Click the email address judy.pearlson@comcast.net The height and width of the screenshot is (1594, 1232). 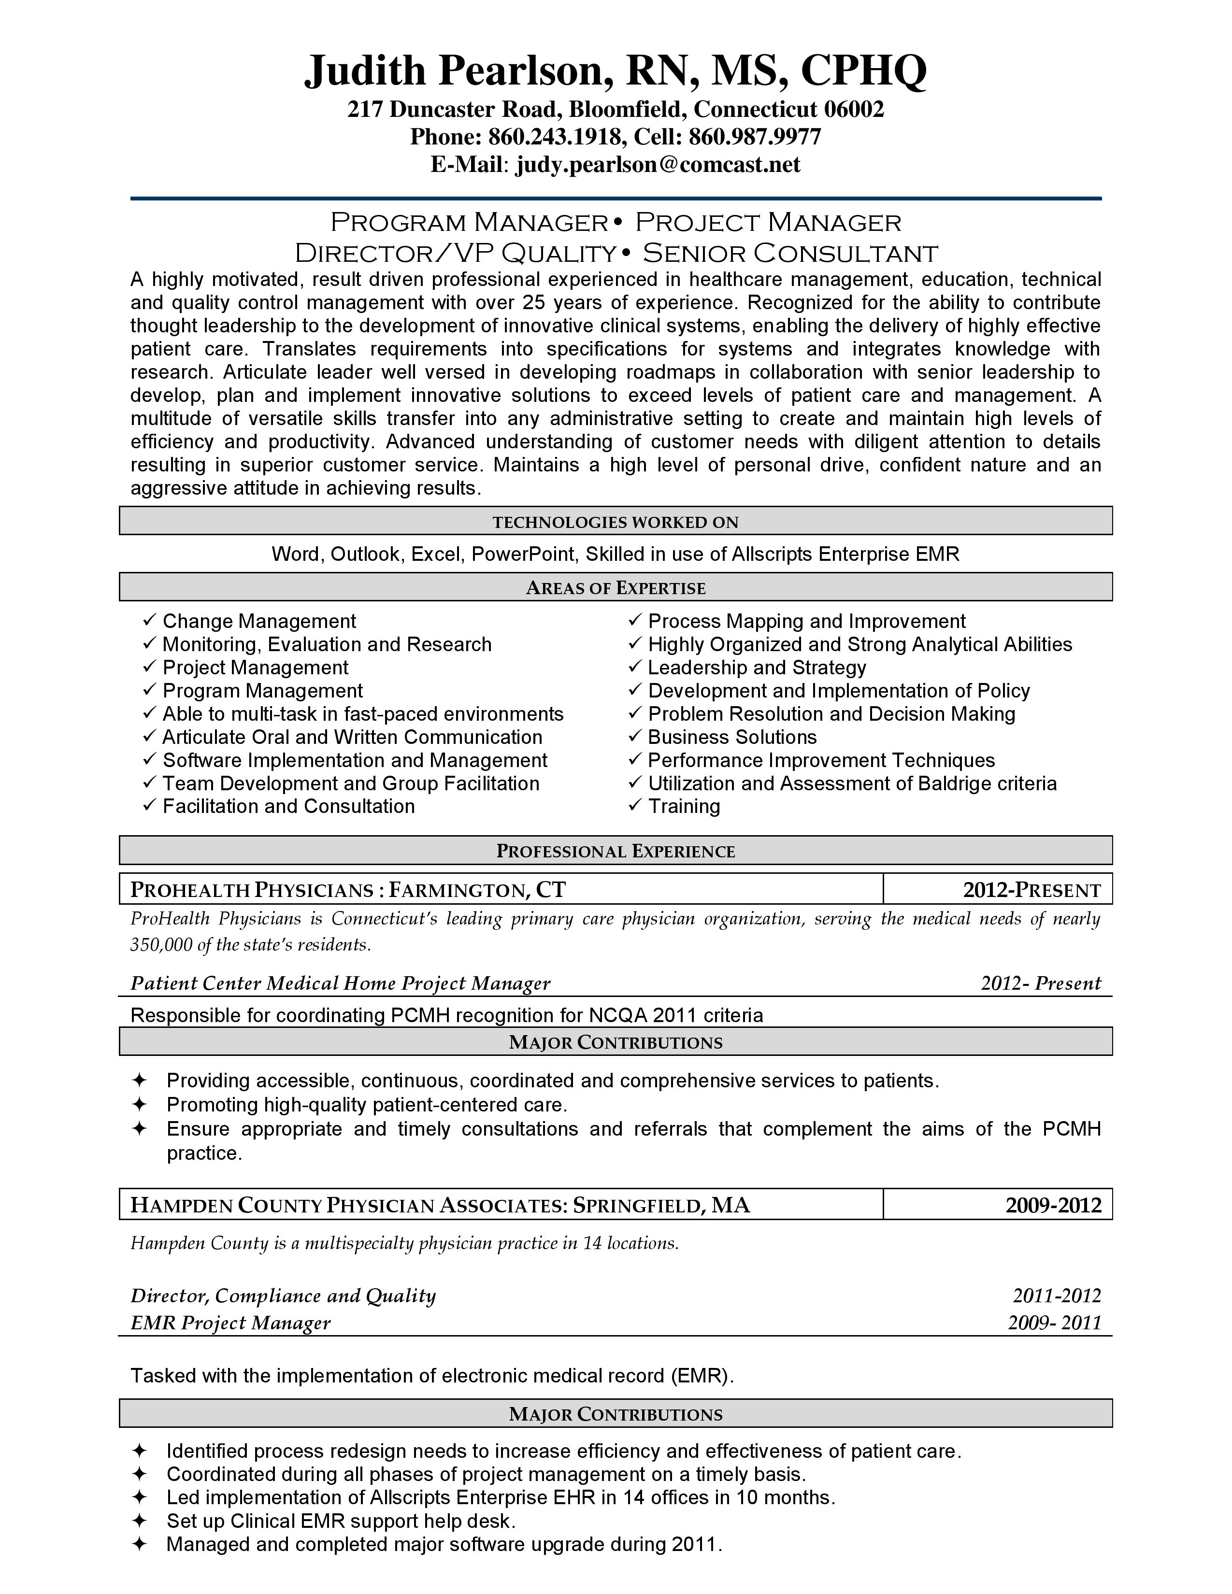point(658,165)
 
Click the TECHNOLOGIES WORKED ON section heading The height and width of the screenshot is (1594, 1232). point(615,522)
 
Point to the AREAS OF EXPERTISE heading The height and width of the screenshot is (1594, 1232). point(615,587)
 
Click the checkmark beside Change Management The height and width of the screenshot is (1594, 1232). point(150,620)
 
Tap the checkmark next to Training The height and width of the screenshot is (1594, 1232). point(635,805)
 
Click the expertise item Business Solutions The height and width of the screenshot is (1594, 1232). point(732,737)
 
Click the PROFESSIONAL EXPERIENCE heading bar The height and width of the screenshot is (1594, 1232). point(615,851)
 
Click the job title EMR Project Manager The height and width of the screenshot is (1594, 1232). point(230,1323)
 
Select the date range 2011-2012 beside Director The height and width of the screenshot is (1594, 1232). point(1056,1295)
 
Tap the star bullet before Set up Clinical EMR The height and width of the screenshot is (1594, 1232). point(140,1521)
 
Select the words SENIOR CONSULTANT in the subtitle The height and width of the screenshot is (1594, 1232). point(790,253)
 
